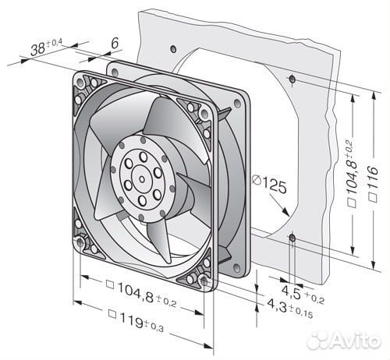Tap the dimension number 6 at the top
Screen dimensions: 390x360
[115, 43]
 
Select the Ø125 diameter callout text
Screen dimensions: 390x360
[270, 183]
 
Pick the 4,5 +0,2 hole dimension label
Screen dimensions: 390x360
[303, 295]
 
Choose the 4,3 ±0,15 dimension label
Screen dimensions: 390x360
[290, 308]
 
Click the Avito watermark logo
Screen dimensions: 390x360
[343, 340]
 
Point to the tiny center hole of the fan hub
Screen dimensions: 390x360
[142, 179]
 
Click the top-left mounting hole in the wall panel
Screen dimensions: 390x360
[173, 49]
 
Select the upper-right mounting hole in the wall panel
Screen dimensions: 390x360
[292, 79]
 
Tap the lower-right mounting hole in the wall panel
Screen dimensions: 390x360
[292, 238]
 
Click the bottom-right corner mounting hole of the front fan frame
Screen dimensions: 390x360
[204, 281]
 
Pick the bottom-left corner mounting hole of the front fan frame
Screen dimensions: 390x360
[80, 242]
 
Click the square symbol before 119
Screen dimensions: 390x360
[112, 314]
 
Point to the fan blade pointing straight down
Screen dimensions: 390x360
[159, 241]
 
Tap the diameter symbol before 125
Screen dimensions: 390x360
[257, 180]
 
